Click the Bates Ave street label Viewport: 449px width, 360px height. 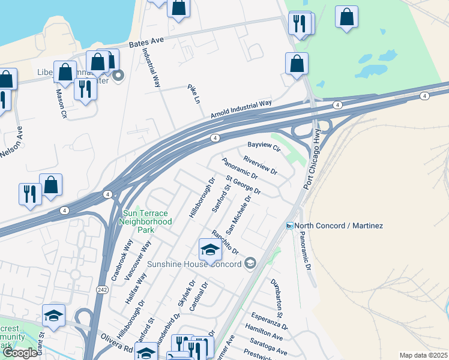tap(146, 43)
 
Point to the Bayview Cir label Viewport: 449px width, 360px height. tap(264, 146)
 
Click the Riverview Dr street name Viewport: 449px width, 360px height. tap(260, 165)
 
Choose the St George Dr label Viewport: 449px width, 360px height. tap(243, 185)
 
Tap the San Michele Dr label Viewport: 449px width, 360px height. tap(238, 214)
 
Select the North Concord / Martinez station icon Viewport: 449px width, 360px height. tap(290, 226)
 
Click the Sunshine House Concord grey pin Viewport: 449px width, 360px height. tap(250, 263)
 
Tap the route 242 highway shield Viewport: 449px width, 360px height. tap(101, 290)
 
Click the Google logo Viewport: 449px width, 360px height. tap(20, 353)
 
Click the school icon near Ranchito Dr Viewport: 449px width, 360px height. tap(210, 250)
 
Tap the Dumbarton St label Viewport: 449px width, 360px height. tap(276, 298)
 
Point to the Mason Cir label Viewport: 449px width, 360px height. tap(61, 104)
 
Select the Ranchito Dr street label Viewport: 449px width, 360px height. tap(225, 242)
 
